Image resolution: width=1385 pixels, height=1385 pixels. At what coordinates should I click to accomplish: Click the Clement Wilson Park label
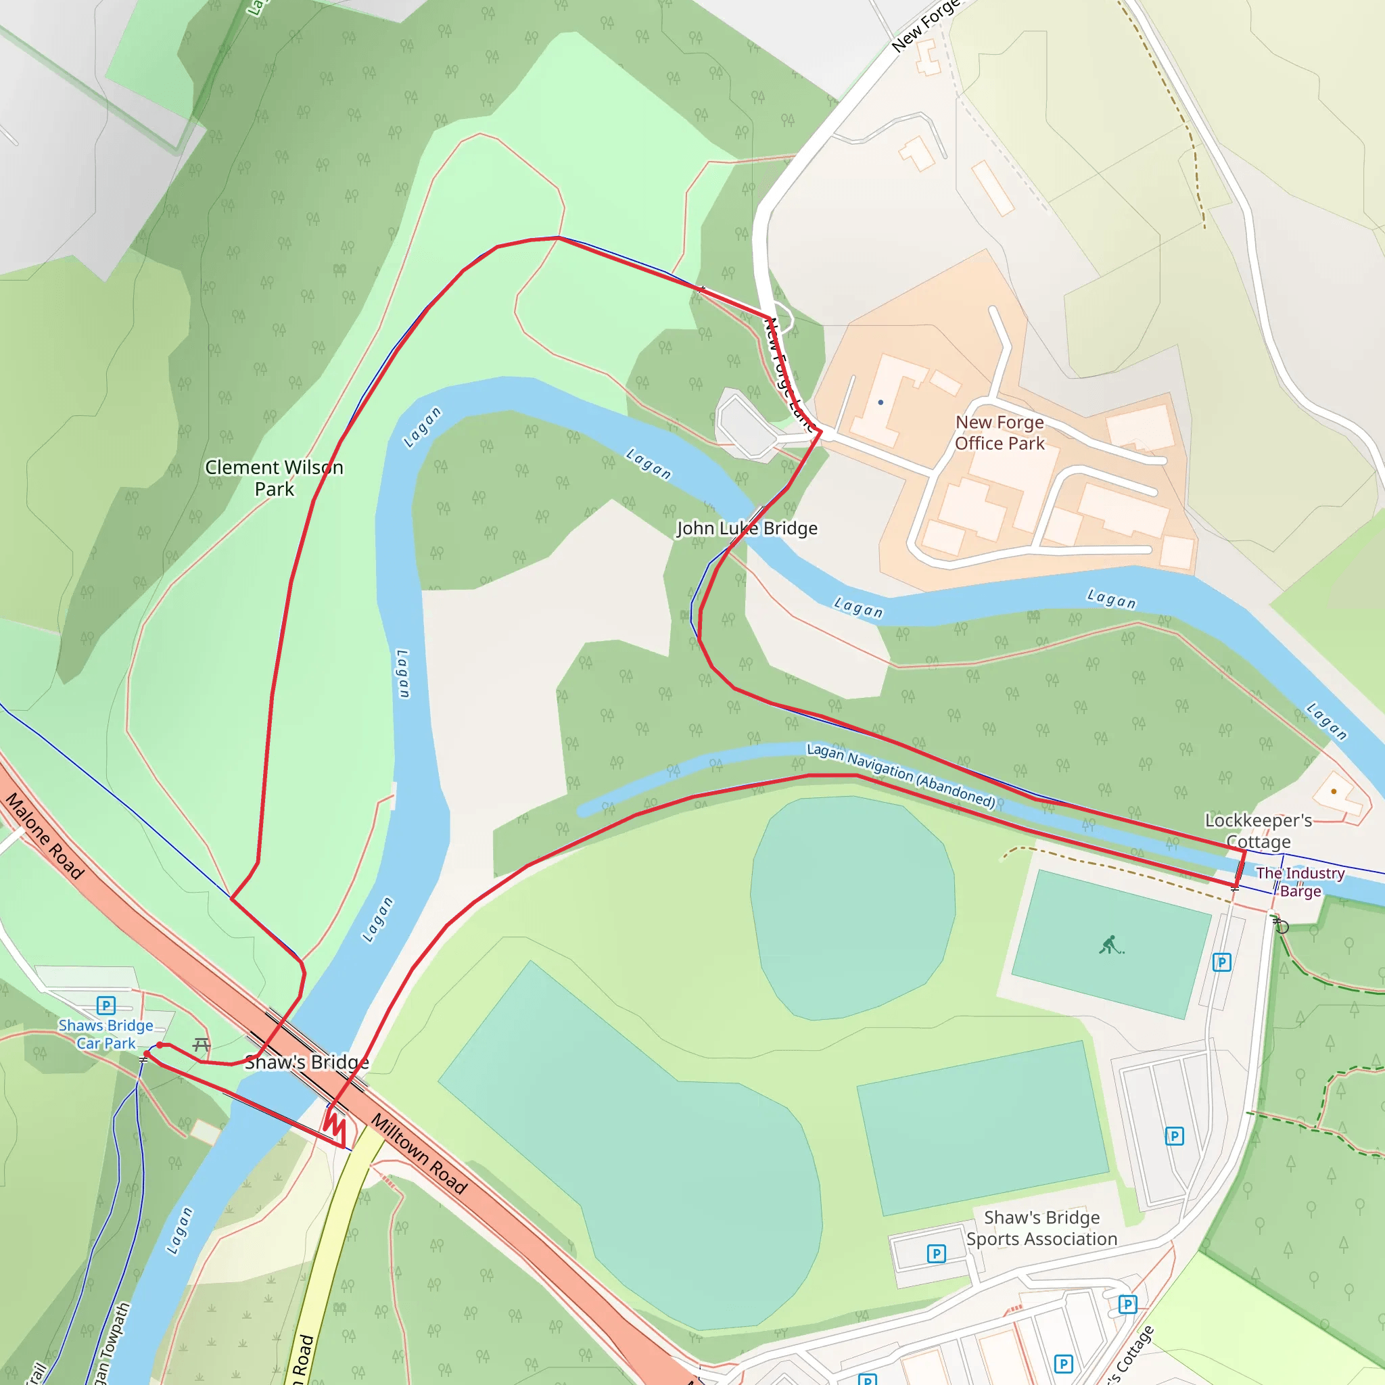(274, 478)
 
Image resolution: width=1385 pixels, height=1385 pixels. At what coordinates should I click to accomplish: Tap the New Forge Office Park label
(1000, 433)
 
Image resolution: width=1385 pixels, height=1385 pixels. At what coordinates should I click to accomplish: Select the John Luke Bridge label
(747, 528)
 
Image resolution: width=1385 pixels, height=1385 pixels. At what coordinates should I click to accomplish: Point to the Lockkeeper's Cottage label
(1258, 830)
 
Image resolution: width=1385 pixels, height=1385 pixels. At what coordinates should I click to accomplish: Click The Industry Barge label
(1300, 882)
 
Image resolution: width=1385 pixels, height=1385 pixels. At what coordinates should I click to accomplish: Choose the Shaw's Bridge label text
(307, 1062)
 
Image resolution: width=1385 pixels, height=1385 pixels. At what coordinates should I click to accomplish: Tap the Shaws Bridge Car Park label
(106, 1035)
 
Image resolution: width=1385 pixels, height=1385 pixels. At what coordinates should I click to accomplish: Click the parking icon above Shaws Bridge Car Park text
(106, 1006)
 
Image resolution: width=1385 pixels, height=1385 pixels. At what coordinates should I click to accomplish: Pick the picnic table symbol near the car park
(202, 1046)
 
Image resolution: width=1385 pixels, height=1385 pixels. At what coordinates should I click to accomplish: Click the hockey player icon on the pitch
(1110, 945)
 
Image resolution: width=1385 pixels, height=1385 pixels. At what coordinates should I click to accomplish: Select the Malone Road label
(45, 836)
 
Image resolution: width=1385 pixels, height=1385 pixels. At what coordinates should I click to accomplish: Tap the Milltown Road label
(419, 1154)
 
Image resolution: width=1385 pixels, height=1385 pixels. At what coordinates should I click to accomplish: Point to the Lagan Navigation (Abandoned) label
(901, 775)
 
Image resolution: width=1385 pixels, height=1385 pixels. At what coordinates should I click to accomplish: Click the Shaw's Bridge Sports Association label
(1041, 1228)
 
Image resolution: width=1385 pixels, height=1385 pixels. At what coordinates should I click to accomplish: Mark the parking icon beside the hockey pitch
(1221, 962)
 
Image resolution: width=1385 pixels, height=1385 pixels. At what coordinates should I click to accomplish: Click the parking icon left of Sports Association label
(936, 1253)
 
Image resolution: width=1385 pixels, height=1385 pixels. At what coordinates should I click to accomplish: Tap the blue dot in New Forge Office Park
(881, 402)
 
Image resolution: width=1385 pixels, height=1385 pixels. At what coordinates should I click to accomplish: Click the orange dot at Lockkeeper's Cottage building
(1334, 791)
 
